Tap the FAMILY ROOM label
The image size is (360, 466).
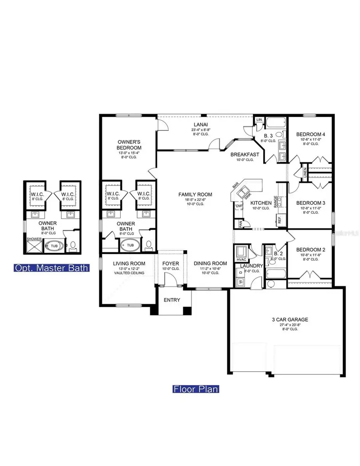tap(195, 194)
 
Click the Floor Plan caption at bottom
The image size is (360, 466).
tap(196, 389)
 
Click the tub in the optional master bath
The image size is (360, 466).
tap(53, 245)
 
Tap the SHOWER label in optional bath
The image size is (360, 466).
tap(34, 239)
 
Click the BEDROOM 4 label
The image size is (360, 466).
tap(310, 134)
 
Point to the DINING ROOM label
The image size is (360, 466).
tap(210, 263)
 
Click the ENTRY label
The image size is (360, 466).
tap(172, 300)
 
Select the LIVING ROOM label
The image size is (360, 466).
tap(128, 263)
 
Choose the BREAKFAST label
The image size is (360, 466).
tap(245, 154)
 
